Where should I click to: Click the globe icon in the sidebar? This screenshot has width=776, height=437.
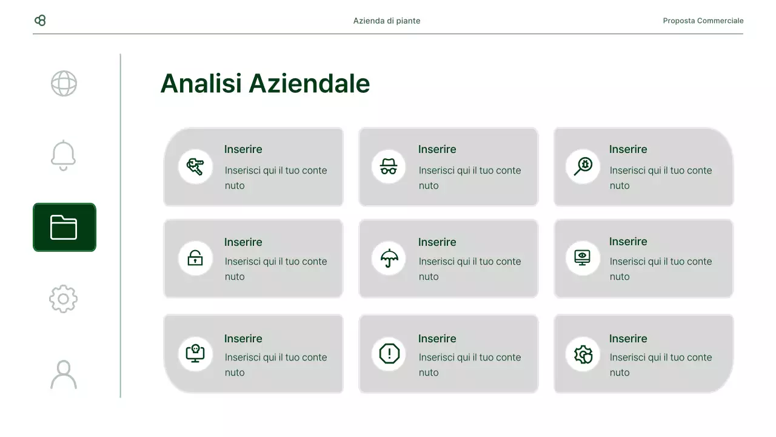64,84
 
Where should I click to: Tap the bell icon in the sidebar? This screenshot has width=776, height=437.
64,155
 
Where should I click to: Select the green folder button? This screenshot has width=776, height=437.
64,227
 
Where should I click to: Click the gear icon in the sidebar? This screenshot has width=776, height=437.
64,299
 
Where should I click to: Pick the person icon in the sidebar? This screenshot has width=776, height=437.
64,374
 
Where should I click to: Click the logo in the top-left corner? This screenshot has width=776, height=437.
40,21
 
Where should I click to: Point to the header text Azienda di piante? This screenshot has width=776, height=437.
387,21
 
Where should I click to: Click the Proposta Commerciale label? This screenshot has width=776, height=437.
703,21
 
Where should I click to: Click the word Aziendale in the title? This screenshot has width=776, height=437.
309,83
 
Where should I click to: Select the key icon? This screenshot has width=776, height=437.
195,166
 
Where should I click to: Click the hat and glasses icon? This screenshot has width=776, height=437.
389,166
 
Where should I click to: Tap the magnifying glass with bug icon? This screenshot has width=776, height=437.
583,166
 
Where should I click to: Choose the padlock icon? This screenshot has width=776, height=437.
195,258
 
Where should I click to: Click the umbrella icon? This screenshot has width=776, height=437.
389,258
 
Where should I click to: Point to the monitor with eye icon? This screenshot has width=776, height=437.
583,257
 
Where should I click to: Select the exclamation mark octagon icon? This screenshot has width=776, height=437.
389,354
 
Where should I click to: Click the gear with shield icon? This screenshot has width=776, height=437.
583,354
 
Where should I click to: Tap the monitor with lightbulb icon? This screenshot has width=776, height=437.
195,354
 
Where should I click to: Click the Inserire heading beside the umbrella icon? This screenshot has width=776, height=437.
437,242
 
